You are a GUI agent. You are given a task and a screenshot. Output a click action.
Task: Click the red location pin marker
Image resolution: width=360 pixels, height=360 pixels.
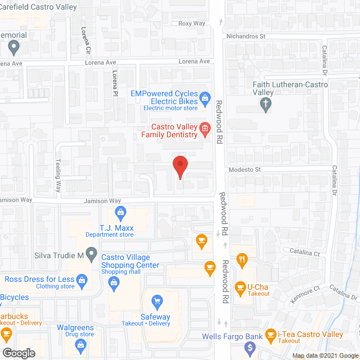pyautogui.click(x=179, y=166)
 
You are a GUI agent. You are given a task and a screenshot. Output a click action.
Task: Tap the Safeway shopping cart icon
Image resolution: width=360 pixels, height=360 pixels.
pyautogui.click(x=157, y=301)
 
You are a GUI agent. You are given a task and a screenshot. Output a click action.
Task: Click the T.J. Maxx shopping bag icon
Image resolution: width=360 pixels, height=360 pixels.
pyautogui.click(x=120, y=211)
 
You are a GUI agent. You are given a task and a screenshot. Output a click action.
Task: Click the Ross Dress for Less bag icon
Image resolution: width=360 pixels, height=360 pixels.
pyautogui.click(x=82, y=279)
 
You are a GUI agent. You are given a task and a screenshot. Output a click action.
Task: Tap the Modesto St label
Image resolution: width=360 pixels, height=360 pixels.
pyautogui.click(x=245, y=169)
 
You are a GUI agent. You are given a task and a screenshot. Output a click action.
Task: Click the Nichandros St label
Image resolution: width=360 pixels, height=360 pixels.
pyautogui.click(x=245, y=36)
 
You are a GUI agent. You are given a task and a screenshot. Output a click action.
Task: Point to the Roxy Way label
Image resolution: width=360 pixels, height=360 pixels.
pyautogui.click(x=192, y=24)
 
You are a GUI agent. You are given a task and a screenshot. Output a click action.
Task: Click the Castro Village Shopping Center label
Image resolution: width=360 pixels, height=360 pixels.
pyautogui.click(x=130, y=261)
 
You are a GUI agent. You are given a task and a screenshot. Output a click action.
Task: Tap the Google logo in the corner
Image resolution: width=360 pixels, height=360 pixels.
pyautogui.click(x=18, y=353)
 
